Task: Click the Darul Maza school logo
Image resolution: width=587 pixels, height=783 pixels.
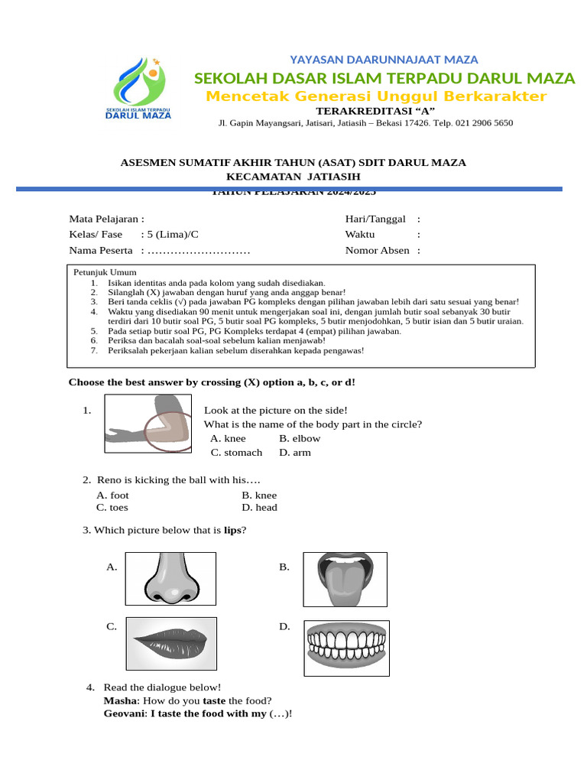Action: tap(143, 89)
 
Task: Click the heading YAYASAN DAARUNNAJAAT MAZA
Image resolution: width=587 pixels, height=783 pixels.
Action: tap(384, 60)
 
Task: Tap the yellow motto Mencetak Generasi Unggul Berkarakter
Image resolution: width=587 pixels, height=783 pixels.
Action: tap(377, 96)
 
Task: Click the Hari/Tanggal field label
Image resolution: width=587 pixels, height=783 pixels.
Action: tap(375, 219)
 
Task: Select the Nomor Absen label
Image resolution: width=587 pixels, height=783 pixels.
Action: tap(377, 250)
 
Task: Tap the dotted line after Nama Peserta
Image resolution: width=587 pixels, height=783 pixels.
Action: tap(199, 251)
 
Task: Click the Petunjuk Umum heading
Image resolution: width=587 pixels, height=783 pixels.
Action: tap(105, 272)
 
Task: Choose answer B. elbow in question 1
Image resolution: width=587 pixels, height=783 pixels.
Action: tap(300, 439)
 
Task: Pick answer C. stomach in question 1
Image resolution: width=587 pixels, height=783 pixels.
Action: tap(236, 453)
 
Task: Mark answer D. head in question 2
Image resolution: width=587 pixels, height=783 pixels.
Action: tap(259, 508)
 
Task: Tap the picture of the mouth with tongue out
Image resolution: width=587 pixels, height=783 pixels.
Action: tap(345, 579)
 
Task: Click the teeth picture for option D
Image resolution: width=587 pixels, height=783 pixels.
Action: tap(346, 648)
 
